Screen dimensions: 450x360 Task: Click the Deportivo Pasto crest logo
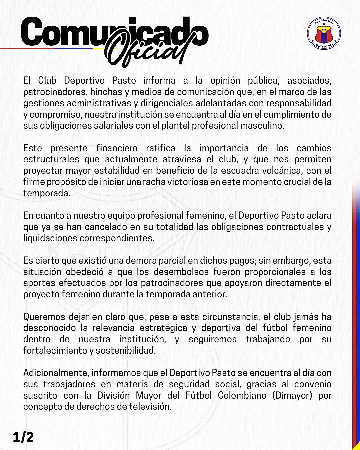324,34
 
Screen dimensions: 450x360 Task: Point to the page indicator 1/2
23,437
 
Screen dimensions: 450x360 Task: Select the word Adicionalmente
56,373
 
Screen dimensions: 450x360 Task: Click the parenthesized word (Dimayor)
292,395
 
